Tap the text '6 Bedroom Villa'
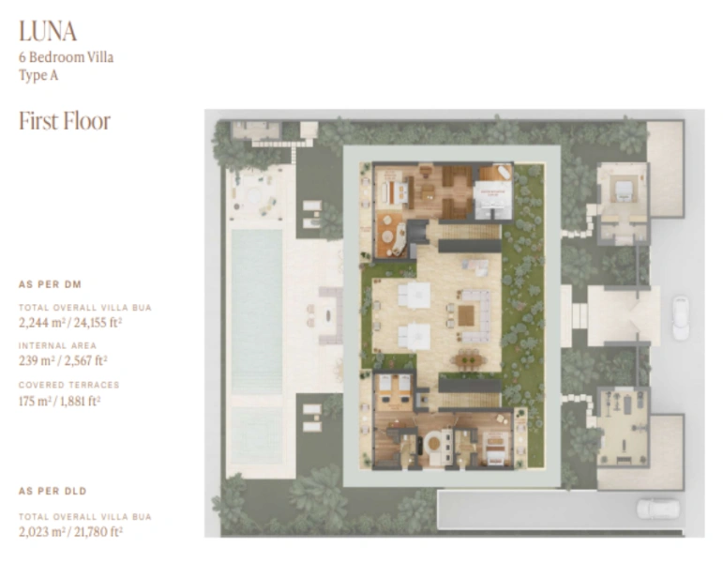[x=65, y=57]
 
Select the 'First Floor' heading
[x=65, y=121]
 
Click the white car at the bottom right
[x=658, y=508]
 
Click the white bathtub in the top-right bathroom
[x=495, y=175]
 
